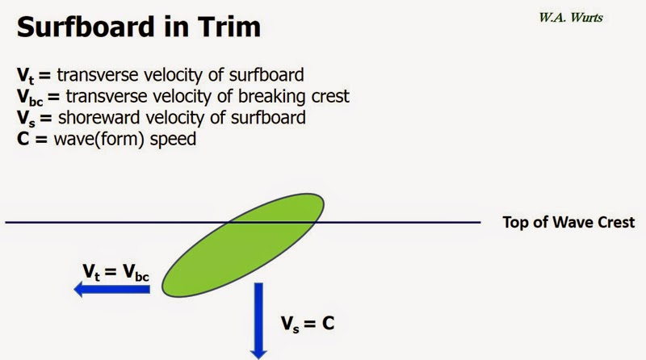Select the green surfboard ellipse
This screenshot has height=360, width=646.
tap(242, 241)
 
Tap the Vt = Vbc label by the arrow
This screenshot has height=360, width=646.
tap(115, 271)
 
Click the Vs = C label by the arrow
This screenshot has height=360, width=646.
tap(307, 324)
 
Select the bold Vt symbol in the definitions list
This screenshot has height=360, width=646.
tap(23, 77)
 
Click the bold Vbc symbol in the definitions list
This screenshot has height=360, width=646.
tap(29, 97)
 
